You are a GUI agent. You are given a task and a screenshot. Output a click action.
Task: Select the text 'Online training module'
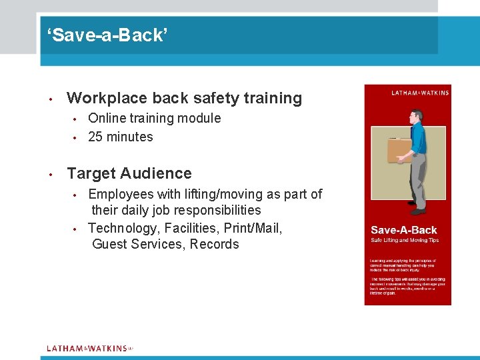(x=154, y=118)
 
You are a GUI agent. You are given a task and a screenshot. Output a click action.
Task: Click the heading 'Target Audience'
(x=129, y=173)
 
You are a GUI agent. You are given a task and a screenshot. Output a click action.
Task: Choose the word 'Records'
(x=214, y=244)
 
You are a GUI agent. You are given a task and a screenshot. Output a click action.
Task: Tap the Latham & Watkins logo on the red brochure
(x=420, y=93)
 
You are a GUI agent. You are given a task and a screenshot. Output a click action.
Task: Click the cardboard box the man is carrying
(x=400, y=150)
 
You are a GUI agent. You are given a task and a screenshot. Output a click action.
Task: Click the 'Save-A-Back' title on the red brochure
(x=404, y=230)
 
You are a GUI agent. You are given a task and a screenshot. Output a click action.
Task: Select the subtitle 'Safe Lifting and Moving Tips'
(x=404, y=240)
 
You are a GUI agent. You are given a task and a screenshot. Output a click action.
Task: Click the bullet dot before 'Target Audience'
(x=51, y=174)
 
